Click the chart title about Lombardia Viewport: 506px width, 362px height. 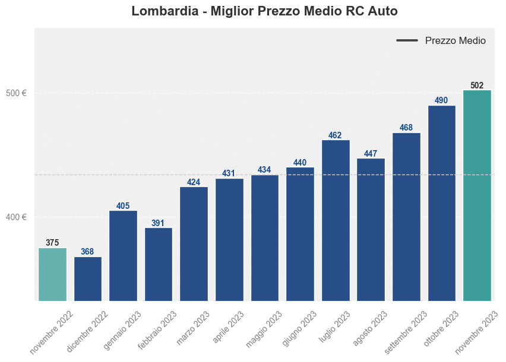point(264,11)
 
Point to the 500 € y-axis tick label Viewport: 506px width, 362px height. point(17,93)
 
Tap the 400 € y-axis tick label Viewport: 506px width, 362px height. point(17,217)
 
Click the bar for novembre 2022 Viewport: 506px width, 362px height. point(52,274)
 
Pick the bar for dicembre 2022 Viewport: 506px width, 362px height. point(88,279)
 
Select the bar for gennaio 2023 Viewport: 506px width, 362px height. point(123,256)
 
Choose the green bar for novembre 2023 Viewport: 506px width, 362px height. point(477,196)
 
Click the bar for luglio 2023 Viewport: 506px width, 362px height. point(336,220)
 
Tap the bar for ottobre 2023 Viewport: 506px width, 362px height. point(441,203)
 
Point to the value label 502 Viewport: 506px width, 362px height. point(477,85)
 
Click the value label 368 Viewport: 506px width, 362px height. point(88,252)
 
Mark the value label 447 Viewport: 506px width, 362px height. point(371,154)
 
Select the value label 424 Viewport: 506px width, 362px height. point(194,182)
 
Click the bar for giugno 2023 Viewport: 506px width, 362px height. point(300,234)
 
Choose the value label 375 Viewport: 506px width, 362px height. point(52,243)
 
